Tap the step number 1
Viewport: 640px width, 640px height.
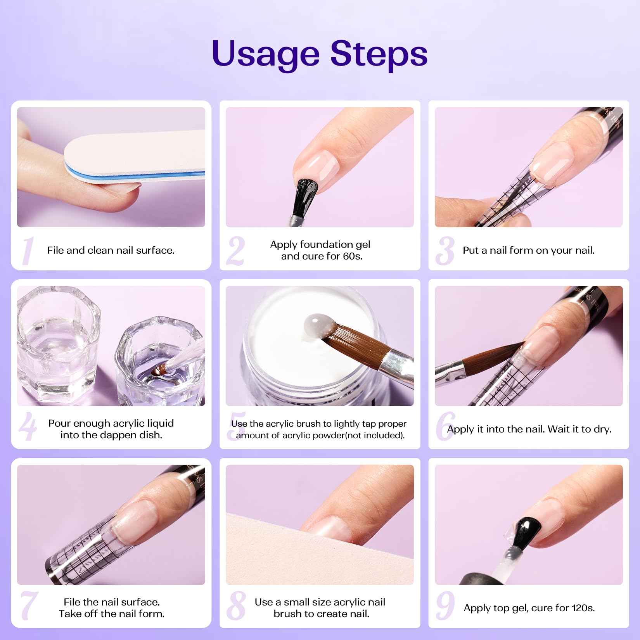(x=27, y=251)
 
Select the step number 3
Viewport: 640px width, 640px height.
(x=445, y=251)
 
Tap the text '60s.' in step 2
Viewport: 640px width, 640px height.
(x=352, y=256)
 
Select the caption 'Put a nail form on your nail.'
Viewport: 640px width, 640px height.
(x=528, y=251)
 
